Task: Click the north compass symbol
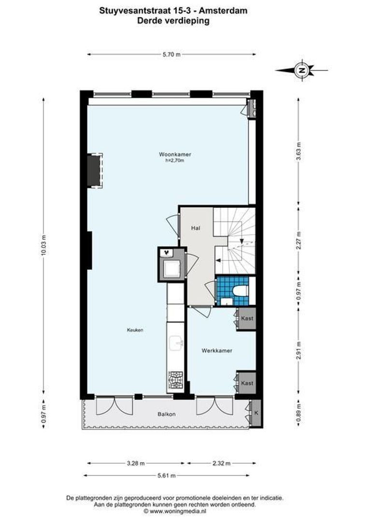pos(302,70)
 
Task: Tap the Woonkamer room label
pos(175,154)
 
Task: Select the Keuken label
pos(135,330)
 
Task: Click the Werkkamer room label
pos(217,351)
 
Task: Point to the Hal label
pos(195,228)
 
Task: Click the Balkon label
pos(166,414)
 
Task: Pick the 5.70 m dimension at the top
pos(171,55)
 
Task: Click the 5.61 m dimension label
pos(166,475)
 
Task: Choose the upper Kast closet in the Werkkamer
pos(247,318)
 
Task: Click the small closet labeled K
pos(256,413)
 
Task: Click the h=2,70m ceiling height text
pos(175,161)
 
